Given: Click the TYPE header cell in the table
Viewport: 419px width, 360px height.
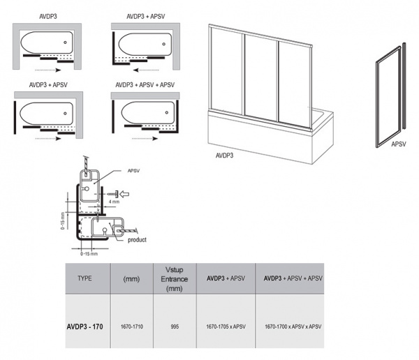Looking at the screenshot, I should (84, 278).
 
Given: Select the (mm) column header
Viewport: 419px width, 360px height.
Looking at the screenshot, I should (133, 278).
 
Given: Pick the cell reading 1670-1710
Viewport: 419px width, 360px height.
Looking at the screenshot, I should (133, 325).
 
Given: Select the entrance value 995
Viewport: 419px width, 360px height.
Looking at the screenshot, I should (173, 325).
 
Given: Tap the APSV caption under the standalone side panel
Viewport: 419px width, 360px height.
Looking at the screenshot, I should (399, 146).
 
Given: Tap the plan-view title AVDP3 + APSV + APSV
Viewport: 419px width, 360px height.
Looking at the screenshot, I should (145, 85).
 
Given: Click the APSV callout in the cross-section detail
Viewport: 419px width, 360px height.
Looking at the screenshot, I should (134, 170).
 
